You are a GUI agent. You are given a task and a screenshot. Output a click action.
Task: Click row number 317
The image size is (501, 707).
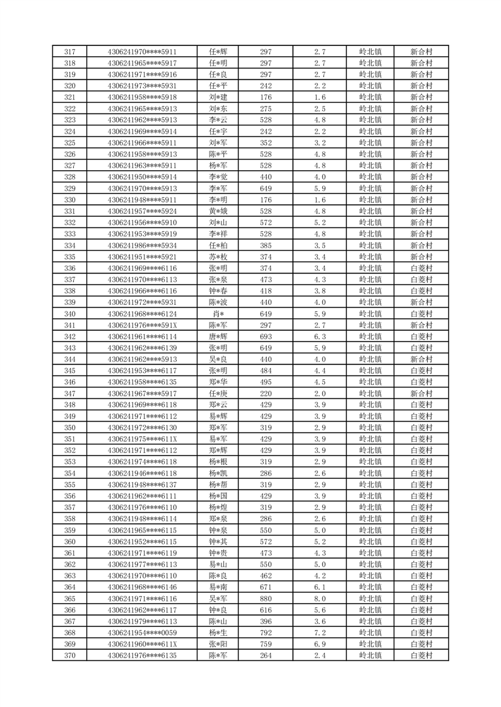point(70,52)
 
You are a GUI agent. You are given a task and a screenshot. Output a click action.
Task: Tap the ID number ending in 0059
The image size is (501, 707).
point(142,633)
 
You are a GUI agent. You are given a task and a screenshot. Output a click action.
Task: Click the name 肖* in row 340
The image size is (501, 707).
point(218,314)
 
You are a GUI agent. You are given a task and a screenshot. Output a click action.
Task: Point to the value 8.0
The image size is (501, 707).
point(319,599)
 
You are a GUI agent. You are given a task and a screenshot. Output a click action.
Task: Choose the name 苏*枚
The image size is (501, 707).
point(218,257)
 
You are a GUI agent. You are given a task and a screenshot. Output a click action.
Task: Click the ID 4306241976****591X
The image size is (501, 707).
point(142,325)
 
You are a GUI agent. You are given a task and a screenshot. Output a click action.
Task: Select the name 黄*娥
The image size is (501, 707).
point(218,211)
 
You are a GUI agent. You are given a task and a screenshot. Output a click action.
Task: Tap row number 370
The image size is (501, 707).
point(70,655)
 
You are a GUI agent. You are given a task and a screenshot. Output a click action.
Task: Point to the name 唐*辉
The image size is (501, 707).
point(218,336)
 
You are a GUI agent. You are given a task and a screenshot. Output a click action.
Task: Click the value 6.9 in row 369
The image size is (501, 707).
point(319,644)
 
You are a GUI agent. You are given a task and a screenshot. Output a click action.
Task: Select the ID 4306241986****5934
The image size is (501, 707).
point(142,246)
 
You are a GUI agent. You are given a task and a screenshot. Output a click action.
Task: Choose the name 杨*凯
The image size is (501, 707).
point(218,473)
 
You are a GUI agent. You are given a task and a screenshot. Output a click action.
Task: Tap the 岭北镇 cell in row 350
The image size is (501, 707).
point(370,428)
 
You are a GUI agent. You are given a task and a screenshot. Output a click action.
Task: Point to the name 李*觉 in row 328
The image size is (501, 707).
point(218,177)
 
